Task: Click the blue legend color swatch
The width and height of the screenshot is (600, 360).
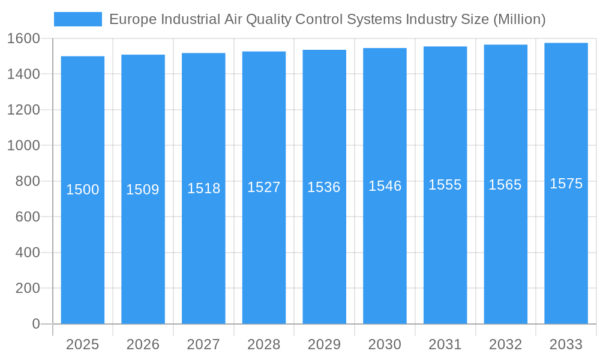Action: (78, 19)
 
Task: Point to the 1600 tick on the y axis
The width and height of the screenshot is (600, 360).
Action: (23, 38)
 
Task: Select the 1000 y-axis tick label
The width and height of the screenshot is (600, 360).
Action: (23, 145)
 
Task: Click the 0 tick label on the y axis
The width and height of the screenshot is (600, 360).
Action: (35, 324)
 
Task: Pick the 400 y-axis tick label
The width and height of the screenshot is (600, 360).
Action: (28, 253)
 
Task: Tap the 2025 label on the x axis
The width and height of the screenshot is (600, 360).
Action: (82, 344)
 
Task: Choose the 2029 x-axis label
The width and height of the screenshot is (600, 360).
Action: (324, 344)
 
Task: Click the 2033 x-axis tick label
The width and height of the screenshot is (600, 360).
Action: (566, 344)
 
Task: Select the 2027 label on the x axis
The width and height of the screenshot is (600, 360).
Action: (203, 344)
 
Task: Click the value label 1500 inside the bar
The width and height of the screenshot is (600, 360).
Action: (82, 190)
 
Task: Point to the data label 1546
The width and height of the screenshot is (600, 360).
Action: (385, 186)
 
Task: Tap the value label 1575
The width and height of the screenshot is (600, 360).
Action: (566, 184)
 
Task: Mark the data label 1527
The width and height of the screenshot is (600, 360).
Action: (263, 187)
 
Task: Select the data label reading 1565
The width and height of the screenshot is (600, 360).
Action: (505, 185)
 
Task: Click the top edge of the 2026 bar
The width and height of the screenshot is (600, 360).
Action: (143, 55)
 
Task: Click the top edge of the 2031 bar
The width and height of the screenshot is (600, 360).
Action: (445, 47)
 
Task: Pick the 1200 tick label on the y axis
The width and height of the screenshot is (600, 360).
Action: (23, 110)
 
